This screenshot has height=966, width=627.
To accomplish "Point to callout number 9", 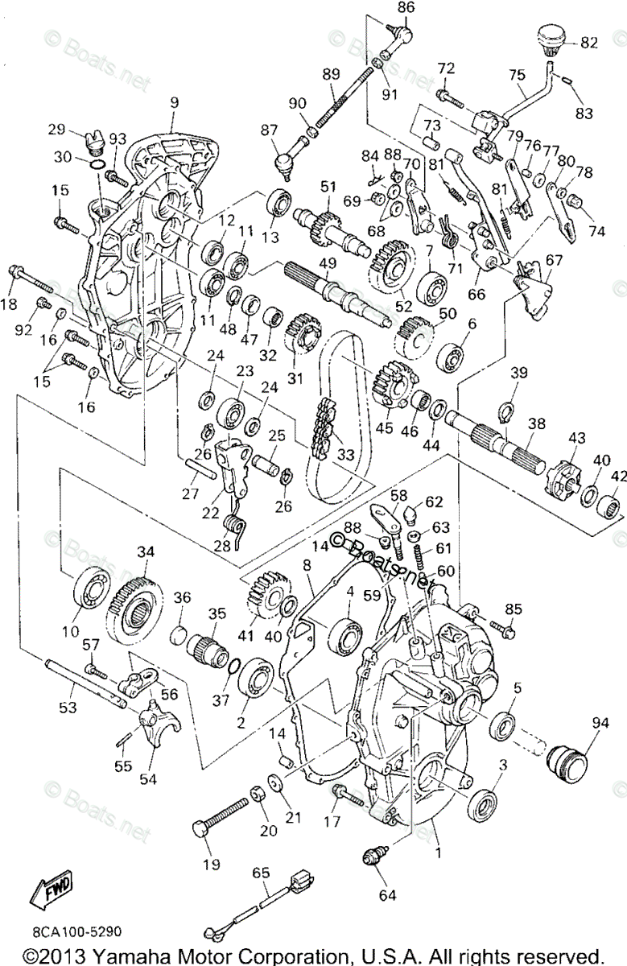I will coord(174,103).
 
